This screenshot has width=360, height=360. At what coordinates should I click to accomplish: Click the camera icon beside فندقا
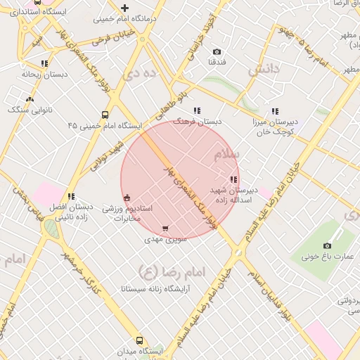point(217,52)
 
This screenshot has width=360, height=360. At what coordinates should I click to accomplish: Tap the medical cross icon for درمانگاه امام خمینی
point(124,8)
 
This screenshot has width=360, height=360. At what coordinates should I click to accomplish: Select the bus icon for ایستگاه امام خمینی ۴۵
point(105,115)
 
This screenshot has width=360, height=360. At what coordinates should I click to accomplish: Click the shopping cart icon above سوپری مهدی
point(165,229)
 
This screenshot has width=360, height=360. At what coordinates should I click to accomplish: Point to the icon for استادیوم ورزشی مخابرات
point(127,197)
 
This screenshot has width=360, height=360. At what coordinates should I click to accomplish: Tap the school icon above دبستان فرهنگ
point(197,110)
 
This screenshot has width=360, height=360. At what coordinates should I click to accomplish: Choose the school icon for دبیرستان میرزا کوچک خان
point(275,111)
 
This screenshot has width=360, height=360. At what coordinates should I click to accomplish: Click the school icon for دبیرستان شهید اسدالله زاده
point(233,179)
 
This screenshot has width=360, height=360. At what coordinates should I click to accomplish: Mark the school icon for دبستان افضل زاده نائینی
point(70,196)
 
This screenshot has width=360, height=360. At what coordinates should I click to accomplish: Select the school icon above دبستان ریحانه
point(44,63)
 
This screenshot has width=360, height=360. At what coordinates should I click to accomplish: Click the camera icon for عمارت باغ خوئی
point(327,245)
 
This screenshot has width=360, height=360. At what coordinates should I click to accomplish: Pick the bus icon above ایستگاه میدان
point(139,340)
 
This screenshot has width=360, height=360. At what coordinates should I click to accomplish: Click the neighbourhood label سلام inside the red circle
point(226,154)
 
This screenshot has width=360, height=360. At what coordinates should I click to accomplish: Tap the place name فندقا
point(217,63)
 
